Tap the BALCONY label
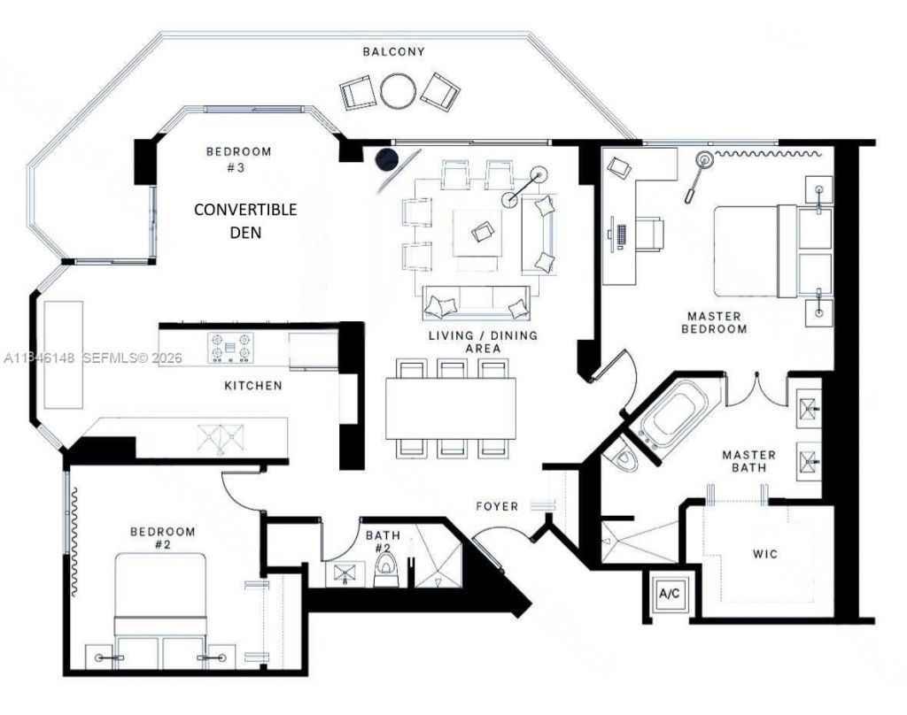393,52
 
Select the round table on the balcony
398,90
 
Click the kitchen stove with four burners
229,347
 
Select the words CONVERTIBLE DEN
245,221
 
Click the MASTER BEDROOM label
714,322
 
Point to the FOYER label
498,507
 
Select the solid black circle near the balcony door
386,159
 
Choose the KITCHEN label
252,386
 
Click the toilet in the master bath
625,455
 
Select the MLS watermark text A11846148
41,358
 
